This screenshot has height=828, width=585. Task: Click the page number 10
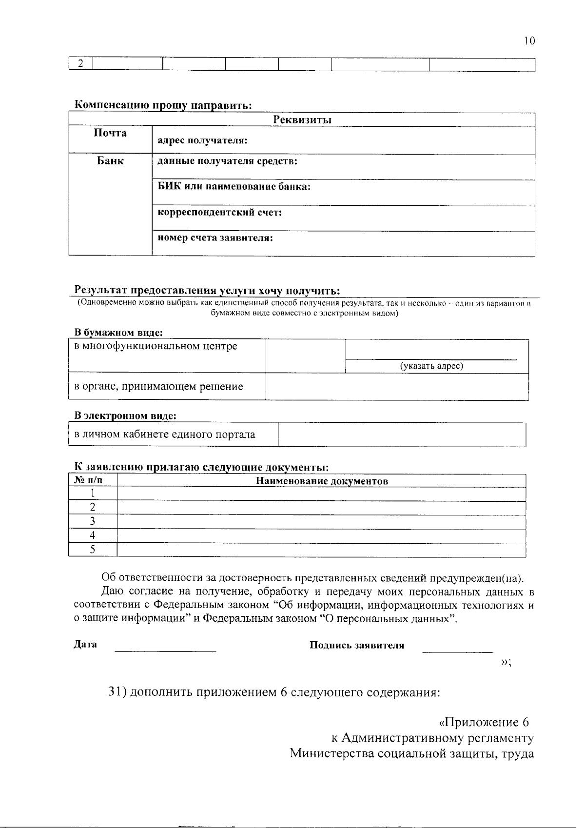529,41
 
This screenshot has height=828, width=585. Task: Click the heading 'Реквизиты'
302,119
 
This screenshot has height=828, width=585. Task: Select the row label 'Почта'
110,133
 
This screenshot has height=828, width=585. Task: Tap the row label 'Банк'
110,161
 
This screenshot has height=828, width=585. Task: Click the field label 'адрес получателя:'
202,141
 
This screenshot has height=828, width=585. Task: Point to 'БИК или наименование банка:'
234,187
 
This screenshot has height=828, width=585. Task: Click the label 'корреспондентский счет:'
220,213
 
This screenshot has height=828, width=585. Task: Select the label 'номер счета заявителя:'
215,238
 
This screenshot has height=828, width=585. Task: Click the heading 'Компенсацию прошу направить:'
163,105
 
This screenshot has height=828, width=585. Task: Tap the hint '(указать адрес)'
431,366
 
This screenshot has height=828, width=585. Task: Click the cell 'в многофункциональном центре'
156,347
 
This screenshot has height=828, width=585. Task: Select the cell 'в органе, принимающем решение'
158,387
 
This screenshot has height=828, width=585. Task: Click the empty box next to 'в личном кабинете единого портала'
402,434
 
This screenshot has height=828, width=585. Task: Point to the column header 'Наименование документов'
322,481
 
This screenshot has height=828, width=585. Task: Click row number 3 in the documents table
92,521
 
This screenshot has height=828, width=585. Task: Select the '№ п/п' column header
88,481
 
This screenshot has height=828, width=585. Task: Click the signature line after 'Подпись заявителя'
457,651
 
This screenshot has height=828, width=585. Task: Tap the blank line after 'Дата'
165,651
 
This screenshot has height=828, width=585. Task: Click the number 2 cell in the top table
81,64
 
